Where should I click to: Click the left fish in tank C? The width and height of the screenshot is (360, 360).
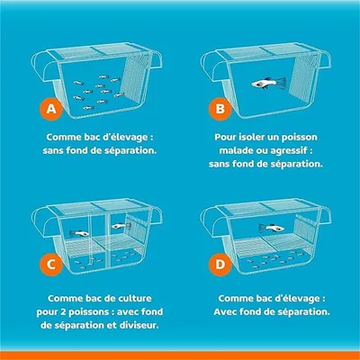click(x=80, y=234)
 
